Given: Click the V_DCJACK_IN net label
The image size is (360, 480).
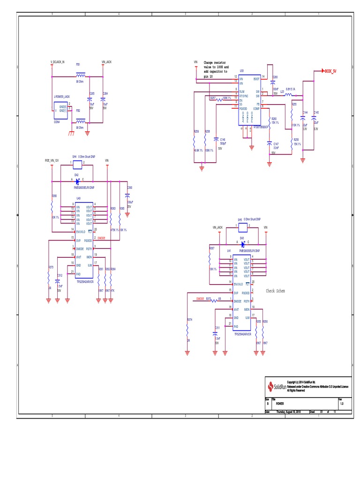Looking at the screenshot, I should point(57,62).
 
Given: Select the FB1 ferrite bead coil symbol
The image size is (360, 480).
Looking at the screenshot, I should point(81,75).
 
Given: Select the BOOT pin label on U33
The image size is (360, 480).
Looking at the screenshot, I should point(256,79).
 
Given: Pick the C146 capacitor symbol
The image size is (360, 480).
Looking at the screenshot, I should point(215,139).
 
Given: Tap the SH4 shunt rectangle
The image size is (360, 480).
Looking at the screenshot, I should point(77,165).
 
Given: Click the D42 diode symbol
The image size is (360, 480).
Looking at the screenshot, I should point(77,181).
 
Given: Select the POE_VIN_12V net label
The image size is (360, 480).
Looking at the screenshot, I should point(52,160).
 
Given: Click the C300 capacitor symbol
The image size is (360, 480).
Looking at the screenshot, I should point(127,194).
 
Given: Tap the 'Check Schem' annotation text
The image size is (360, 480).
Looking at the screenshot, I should point(275,291).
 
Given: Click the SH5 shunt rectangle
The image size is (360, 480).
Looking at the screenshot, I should point(242,227).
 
